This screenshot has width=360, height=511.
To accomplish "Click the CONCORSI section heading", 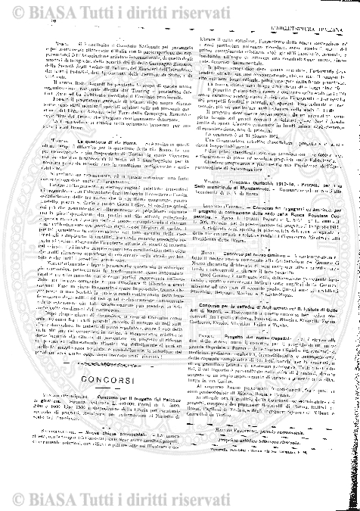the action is pos(93,398).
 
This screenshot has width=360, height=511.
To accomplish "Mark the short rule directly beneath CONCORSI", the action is pos(93,407).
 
